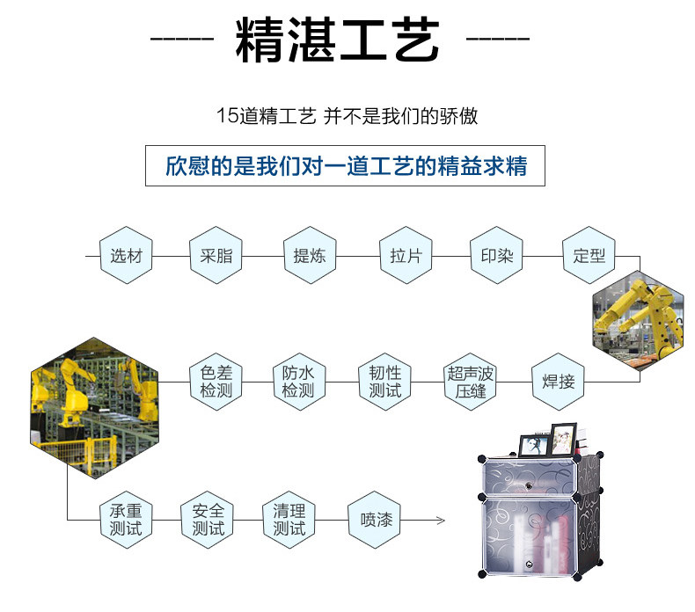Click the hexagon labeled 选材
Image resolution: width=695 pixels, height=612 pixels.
click(x=126, y=256)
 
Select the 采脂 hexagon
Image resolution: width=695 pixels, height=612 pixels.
click(x=216, y=256)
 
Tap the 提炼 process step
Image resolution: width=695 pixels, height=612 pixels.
click(x=309, y=256)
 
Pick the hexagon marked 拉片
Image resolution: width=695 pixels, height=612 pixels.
click(x=406, y=256)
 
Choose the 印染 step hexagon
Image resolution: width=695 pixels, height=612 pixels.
click(x=496, y=256)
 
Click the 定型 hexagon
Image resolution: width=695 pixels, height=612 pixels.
click(x=589, y=256)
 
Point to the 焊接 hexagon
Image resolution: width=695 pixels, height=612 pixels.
click(x=558, y=382)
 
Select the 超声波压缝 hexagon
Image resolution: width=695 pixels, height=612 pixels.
click(x=471, y=382)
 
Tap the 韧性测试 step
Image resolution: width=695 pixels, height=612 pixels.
click(x=384, y=382)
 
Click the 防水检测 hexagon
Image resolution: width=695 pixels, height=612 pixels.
click(x=298, y=382)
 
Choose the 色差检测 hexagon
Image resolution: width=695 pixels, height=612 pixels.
click(x=216, y=382)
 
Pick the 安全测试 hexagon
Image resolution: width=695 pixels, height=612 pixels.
click(x=208, y=520)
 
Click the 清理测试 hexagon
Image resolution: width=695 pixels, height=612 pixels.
click(x=289, y=520)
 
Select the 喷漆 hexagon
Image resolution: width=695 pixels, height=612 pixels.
click(x=376, y=520)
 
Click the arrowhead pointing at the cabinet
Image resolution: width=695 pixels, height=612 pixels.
click(x=439, y=520)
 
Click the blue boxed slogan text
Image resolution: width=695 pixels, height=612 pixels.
click(x=345, y=165)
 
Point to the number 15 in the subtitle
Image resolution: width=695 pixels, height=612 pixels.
click(x=227, y=116)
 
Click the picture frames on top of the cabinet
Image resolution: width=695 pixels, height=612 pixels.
click(x=546, y=440)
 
